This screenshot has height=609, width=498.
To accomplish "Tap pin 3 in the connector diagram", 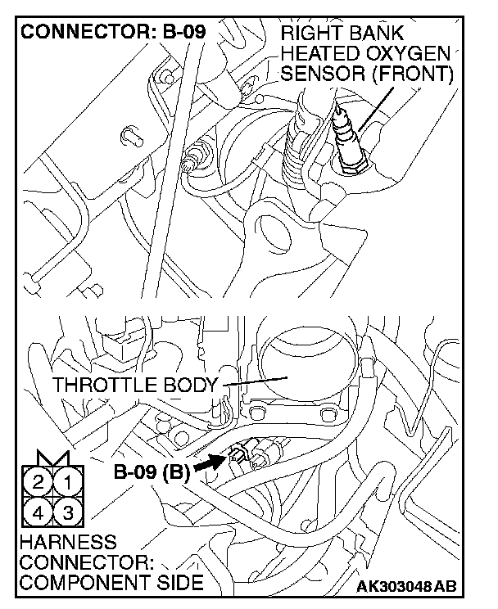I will point(71,513).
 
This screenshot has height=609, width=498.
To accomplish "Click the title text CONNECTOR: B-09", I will point(112,34).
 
